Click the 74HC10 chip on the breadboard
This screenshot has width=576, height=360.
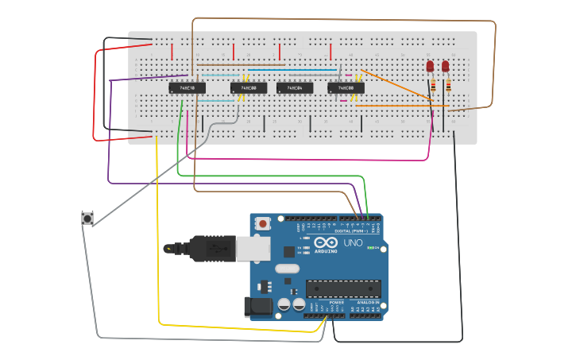[187, 87]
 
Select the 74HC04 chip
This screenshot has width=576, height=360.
[295, 87]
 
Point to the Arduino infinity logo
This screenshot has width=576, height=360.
[326, 242]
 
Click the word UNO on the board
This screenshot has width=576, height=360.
[352, 242]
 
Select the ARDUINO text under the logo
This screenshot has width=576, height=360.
[326, 251]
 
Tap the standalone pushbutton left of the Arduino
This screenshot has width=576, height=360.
[87, 218]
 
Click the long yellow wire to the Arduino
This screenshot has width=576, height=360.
[158, 238]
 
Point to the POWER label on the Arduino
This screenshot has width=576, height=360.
[336, 303]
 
